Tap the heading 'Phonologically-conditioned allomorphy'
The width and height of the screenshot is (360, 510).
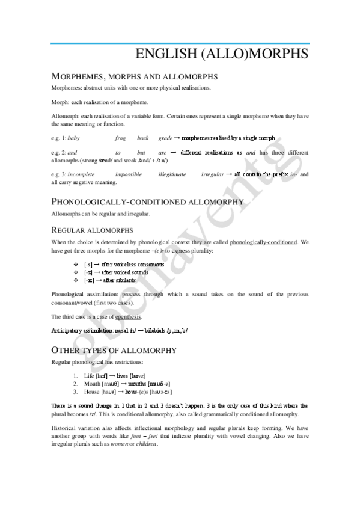[x=147, y=201]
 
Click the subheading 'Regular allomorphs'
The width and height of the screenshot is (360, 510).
[x=92, y=230]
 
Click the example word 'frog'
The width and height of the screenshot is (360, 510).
[x=121, y=138]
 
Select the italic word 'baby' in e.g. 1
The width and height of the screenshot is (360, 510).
[x=74, y=138]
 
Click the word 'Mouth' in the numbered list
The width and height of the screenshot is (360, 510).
[x=93, y=383]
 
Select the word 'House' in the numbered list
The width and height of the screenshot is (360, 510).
[x=93, y=391]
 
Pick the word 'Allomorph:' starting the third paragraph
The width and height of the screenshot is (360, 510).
[x=66, y=114]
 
